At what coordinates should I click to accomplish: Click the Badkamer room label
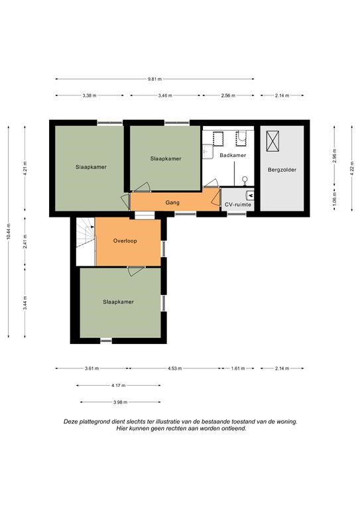pos(233,155)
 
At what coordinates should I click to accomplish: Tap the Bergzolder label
pos(282,170)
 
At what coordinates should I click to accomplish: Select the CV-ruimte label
pos(238,205)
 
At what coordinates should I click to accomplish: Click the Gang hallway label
pos(172,203)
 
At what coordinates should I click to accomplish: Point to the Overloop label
pos(125,241)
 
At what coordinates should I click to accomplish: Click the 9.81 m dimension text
pos(154,79)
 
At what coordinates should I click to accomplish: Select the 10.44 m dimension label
pos(9,232)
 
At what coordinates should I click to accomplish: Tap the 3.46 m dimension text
pos(165,95)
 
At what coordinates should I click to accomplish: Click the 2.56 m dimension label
pos(228,95)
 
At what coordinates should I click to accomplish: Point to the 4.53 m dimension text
pos(174,368)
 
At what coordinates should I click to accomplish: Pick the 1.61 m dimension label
pos(238,368)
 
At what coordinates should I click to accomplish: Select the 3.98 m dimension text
pos(121,402)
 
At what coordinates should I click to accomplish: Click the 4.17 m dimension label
pos(118,385)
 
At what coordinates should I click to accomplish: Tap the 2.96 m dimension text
pos(335,156)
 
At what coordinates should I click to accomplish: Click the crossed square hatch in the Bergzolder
pos(272,141)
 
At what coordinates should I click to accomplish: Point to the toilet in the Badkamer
pos(245,180)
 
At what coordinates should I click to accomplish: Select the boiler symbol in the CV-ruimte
pos(251,195)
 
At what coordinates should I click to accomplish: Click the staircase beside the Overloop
pos(86,233)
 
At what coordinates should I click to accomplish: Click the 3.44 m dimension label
pos(25,303)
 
